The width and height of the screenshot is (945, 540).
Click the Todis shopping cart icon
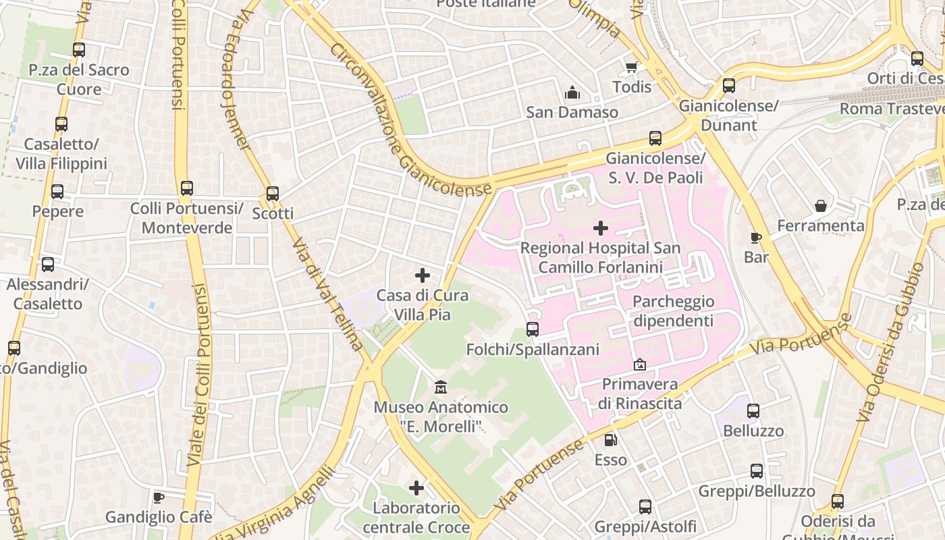pyautogui.click(x=631, y=67)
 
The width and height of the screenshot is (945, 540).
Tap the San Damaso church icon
pyautogui.click(x=572, y=92)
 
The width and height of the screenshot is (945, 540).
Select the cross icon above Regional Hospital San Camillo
pyautogui.click(x=600, y=228)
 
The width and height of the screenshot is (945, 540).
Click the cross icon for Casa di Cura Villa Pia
pyautogui.click(x=423, y=275)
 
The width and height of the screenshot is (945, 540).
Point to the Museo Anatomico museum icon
pyautogui.click(x=441, y=387)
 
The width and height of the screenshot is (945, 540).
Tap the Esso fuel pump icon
pyautogui.click(x=610, y=440)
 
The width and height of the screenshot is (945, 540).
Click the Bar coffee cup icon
pyautogui.click(x=756, y=238)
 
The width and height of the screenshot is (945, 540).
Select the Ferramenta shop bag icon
pyautogui.click(x=821, y=206)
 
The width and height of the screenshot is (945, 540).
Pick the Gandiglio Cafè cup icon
pyautogui.click(x=159, y=498)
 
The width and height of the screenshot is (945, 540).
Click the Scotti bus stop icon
pyautogui.click(x=273, y=194)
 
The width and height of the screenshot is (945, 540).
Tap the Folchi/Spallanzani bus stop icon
pyautogui.click(x=533, y=329)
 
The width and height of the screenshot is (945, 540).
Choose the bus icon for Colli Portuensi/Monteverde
pyautogui.click(x=187, y=188)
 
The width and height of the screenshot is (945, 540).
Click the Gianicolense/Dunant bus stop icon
pyautogui.click(x=729, y=86)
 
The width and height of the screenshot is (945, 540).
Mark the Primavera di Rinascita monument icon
pyautogui.click(x=639, y=364)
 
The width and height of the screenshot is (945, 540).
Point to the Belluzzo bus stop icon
pyautogui.click(x=753, y=410)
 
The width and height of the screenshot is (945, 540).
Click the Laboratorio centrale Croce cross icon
pyautogui.click(x=416, y=487)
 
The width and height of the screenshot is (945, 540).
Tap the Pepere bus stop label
pyautogui.click(x=58, y=211)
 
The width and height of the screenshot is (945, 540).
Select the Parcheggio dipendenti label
pyautogui.click(x=673, y=310)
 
